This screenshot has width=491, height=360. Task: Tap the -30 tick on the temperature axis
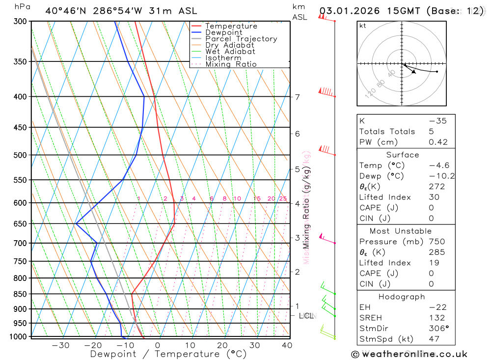[x=60, y=345]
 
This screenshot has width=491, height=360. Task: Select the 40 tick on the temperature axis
[x=287, y=345]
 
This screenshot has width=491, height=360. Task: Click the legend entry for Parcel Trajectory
[x=241, y=39]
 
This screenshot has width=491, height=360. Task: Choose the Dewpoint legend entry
[x=223, y=32]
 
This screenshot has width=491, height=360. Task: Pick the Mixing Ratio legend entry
[x=231, y=64]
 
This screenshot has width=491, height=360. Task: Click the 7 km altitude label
[x=297, y=97]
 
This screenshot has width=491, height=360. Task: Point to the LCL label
[x=306, y=316]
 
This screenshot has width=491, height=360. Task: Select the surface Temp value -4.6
[x=439, y=166]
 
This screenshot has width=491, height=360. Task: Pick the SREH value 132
[x=436, y=318]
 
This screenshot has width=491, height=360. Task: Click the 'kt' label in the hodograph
[x=363, y=26]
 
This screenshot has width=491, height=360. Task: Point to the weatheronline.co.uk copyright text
[x=409, y=354]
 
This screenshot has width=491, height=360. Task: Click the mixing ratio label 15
[x=257, y=198]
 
